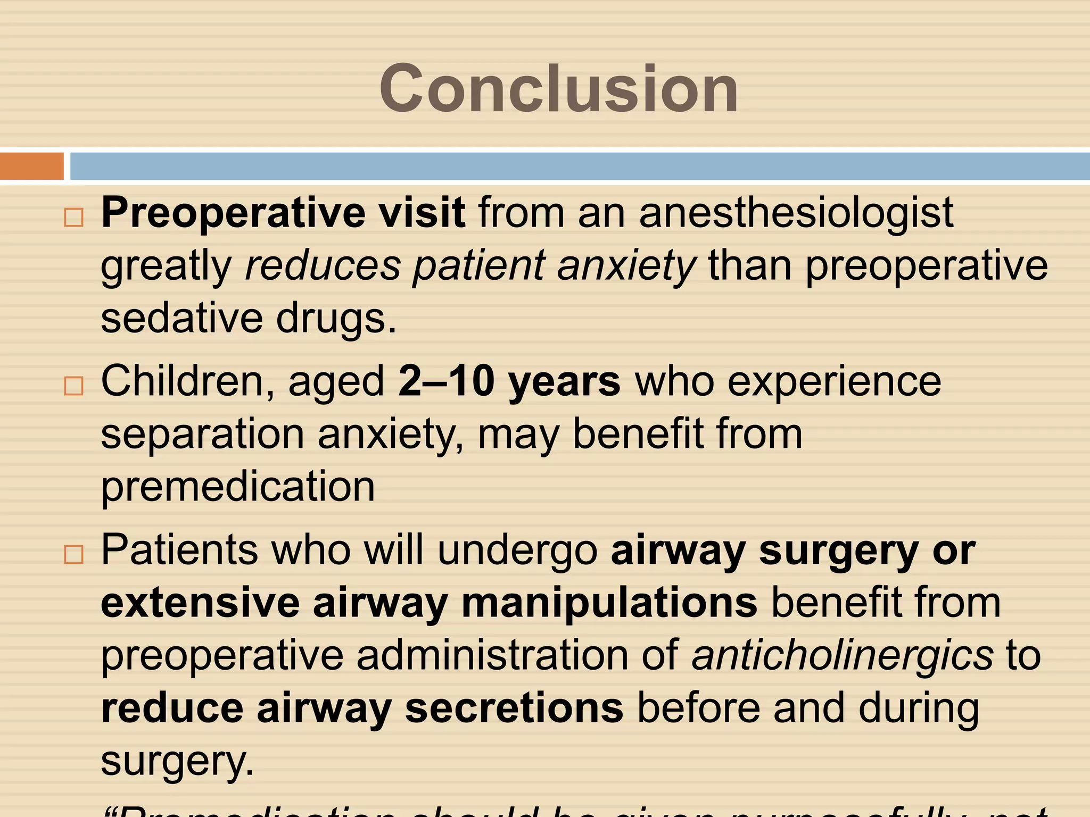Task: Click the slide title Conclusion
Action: tap(558, 88)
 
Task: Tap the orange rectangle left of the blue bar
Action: tap(32, 166)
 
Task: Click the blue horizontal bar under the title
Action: tap(579, 166)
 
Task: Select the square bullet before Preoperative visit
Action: tap(74, 217)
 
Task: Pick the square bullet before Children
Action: tap(74, 386)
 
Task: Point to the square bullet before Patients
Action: tap(74, 554)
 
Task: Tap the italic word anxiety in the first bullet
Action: tap(626, 265)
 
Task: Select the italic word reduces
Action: tap(323, 265)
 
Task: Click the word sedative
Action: tap(181, 318)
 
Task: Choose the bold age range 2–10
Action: tap(446, 381)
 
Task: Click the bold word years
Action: tap(564, 382)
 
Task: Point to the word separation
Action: tap(202, 434)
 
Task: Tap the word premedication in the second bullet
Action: tap(238, 486)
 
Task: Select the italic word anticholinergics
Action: tap(842, 655)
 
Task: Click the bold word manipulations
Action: tap(609, 603)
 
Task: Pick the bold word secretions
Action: tap(514, 708)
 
